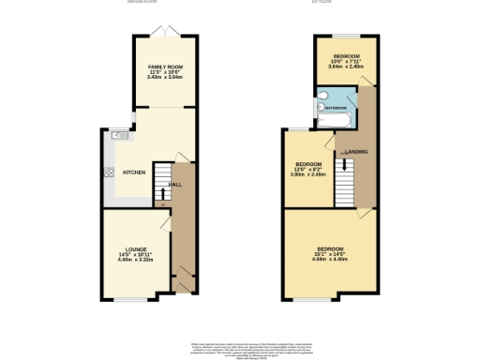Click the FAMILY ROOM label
point(164,67)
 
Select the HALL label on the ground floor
point(174,185)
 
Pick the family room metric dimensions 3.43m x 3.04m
point(164,78)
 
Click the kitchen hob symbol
point(109,172)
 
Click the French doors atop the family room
point(164,35)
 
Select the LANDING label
point(356,151)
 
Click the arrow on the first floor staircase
point(348,164)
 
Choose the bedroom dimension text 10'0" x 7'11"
point(343,62)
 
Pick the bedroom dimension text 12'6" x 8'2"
point(309,170)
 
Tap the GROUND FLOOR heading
point(142,3)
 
